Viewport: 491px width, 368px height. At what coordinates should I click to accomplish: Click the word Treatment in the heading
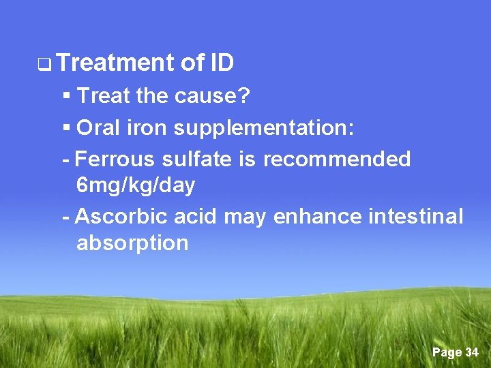coord(116,63)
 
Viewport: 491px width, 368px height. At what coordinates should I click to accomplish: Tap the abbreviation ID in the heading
coord(222,63)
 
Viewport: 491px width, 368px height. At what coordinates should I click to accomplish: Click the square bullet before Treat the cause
coord(66,97)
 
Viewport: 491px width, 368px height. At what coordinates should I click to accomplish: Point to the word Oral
coord(100,127)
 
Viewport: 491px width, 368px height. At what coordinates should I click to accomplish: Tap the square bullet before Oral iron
coord(66,127)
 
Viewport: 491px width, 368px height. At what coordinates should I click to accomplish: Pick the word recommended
coord(337,159)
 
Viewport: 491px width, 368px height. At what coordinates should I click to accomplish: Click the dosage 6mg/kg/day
coord(136,185)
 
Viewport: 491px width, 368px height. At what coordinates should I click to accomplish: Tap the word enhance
coord(318,217)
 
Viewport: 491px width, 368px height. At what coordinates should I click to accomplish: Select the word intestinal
coord(415,217)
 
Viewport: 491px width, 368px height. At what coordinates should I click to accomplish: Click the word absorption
coord(132,243)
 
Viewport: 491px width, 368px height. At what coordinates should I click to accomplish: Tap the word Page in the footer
coord(447,352)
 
